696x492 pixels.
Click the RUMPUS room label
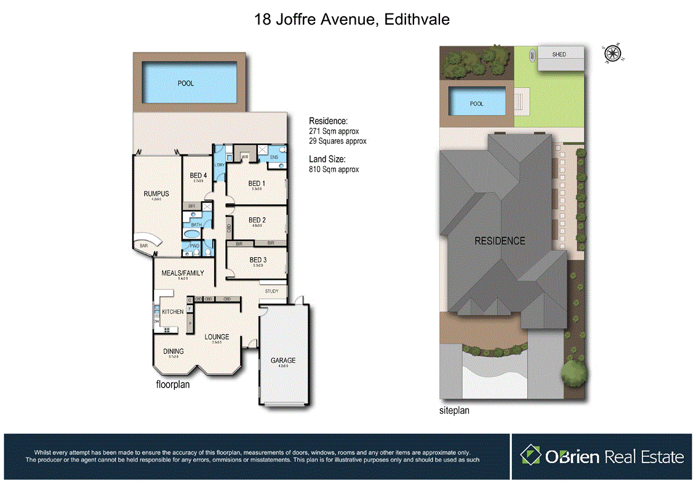tap(156, 194)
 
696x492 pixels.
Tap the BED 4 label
tap(198, 175)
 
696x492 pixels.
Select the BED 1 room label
tap(257, 183)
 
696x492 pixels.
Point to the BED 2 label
tap(257, 220)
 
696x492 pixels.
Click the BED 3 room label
tap(257, 260)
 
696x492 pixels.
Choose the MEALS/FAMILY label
tap(182, 273)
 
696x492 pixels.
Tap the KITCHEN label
tap(173, 312)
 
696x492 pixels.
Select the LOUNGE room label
tap(217, 336)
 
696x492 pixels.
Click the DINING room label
tap(174, 351)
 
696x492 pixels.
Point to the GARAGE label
tap(283, 360)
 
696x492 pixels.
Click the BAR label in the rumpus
tap(143, 245)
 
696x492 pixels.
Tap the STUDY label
tap(272, 291)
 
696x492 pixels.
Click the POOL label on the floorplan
tap(185, 83)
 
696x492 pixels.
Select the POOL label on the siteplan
tap(477, 103)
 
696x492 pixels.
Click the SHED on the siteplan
tap(559, 55)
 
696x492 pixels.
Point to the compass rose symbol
tap(612, 54)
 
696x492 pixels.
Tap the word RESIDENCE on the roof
tap(500, 240)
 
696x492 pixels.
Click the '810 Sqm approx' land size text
tap(334, 169)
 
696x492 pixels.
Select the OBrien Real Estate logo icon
tap(530, 456)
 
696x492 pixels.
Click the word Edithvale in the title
tap(416, 20)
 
